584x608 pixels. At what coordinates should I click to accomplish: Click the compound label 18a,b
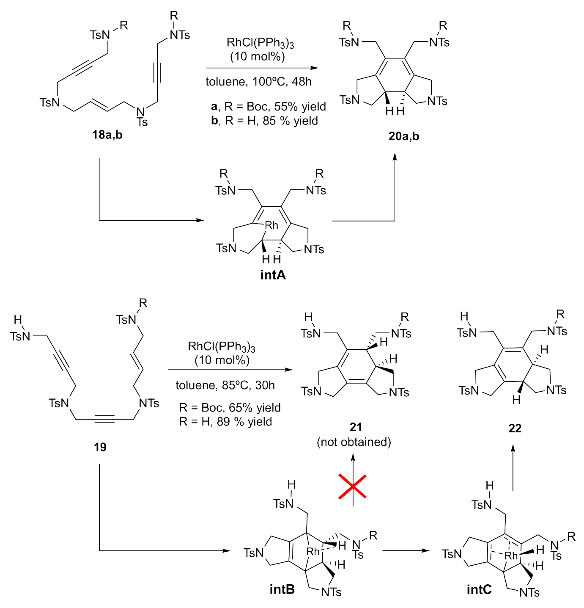pyautogui.click(x=107, y=135)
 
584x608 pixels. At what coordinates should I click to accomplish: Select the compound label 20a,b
pyautogui.click(x=404, y=136)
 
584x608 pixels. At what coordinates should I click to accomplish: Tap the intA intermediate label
pyautogui.click(x=273, y=275)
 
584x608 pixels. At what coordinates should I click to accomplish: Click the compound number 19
pyautogui.click(x=100, y=447)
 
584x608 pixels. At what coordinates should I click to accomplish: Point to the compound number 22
pyautogui.click(x=515, y=428)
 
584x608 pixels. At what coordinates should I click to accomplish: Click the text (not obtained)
pyautogui.click(x=354, y=442)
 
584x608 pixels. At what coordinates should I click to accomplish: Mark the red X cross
pyautogui.click(x=352, y=486)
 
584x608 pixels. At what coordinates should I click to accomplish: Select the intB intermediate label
pyautogui.click(x=282, y=589)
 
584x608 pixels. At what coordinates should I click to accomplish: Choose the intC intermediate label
pyautogui.click(x=479, y=589)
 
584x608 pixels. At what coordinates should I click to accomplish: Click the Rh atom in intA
pyautogui.click(x=271, y=226)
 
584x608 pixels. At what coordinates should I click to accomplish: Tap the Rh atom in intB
pyautogui.click(x=313, y=552)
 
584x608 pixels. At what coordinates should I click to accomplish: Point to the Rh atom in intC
pyautogui.click(x=511, y=555)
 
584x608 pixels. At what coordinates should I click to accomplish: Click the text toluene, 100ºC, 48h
pyautogui.click(x=259, y=82)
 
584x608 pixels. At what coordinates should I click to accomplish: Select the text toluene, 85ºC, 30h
pyautogui.click(x=225, y=385)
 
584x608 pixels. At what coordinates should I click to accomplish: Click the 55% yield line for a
pyautogui.click(x=269, y=106)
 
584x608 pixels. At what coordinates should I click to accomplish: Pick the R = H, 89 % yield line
pyautogui.click(x=225, y=422)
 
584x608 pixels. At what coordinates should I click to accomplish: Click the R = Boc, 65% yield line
pyautogui.click(x=230, y=408)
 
